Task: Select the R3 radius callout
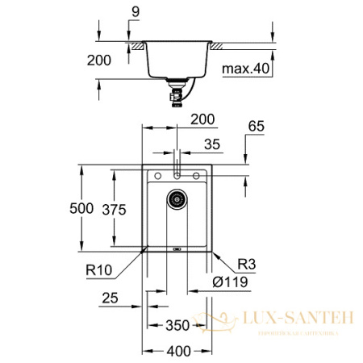pos(246,265)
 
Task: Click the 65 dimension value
pos(256,127)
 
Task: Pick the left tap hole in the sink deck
pos(159,175)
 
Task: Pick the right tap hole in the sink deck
pos(195,175)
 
